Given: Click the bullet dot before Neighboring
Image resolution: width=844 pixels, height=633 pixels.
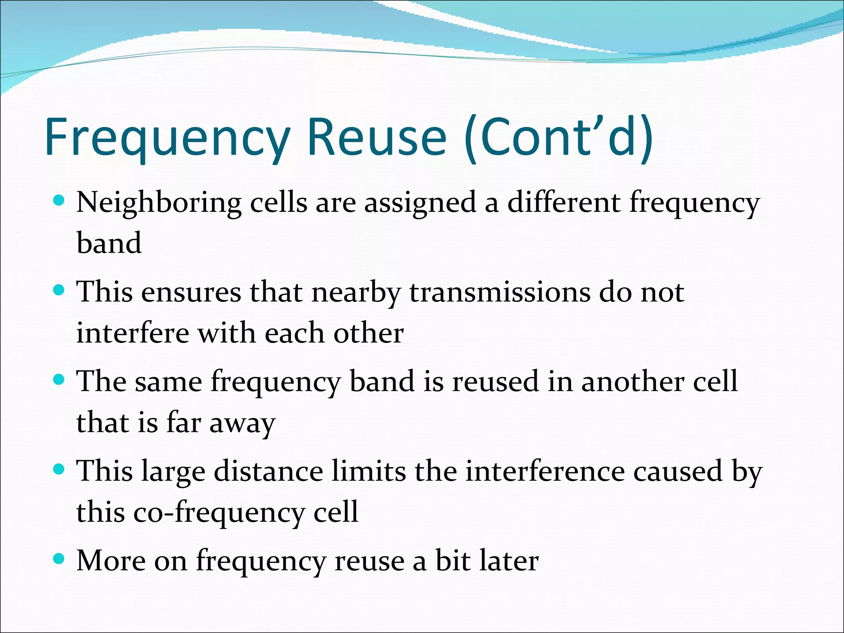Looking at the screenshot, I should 59,201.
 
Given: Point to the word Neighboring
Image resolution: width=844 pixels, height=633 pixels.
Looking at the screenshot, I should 159,203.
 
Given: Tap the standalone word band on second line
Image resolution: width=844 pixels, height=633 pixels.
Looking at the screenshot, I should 109,243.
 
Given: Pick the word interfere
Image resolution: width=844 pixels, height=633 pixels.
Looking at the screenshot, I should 133,333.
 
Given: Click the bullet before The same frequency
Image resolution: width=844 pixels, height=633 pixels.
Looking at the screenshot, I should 59,380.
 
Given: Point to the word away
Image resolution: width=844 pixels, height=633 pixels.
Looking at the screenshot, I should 242,424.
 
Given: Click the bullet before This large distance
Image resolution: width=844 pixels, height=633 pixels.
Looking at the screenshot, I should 59,469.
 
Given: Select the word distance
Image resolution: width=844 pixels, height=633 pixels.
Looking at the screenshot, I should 268,471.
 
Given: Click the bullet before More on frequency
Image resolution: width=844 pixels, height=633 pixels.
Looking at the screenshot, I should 59,559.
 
